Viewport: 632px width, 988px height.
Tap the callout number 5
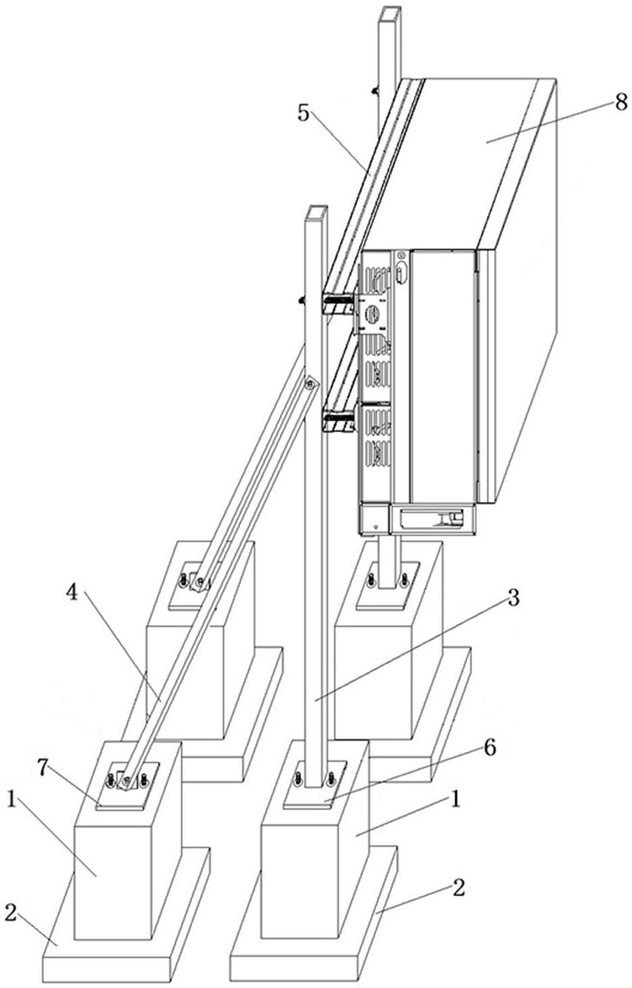(x=304, y=113)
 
